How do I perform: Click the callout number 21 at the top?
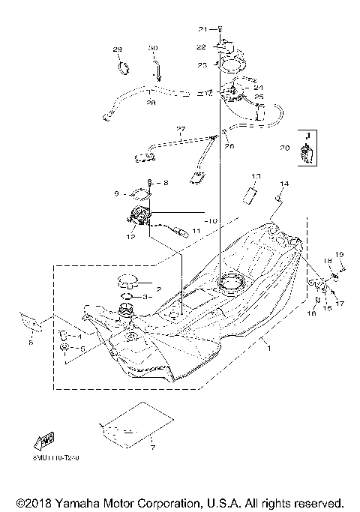[x=202, y=29]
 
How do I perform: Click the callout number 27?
[x=180, y=129]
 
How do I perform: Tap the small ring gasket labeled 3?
[x=127, y=297]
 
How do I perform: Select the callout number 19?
[x=339, y=254]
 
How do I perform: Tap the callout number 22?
[x=202, y=46]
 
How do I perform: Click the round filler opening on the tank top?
[x=230, y=283]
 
